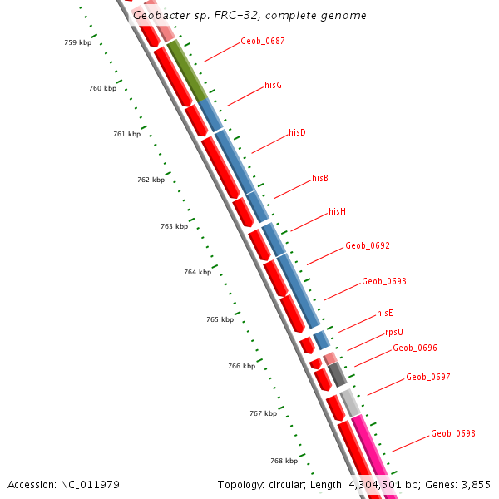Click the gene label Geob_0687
point(262,41)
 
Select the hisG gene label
point(273,86)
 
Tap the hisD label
point(297,133)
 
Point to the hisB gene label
point(320,179)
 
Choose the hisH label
point(337,212)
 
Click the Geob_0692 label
point(368,246)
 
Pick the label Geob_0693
point(384,282)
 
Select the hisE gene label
point(384,314)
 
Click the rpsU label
point(393,333)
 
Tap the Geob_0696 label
point(415,348)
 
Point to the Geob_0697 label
point(428,378)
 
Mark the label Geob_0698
point(453,434)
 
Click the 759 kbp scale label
point(77,42)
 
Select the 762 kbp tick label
point(151,180)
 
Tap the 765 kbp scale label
point(220,320)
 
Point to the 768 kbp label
point(284,461)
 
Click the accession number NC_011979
point(92,484)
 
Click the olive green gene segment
point(187,71)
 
